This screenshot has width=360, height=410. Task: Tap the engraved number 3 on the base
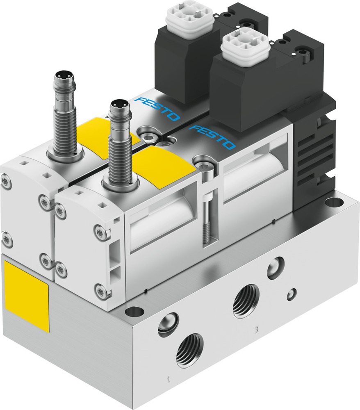(256, 329)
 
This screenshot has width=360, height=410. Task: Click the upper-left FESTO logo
(157, 109)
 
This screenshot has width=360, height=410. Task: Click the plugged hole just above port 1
(168, 324)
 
